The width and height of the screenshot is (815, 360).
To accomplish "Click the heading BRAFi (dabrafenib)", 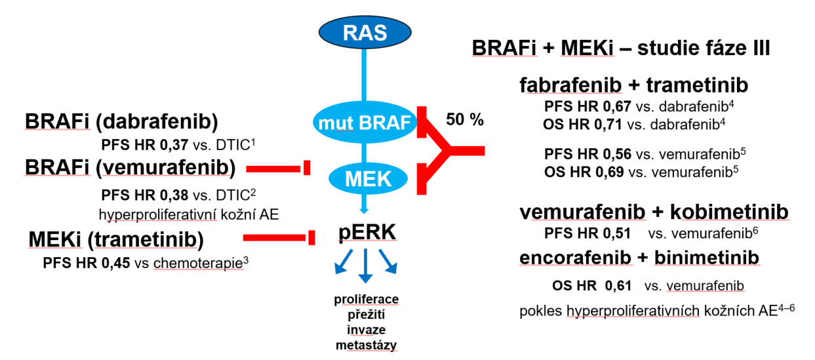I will click(121, 122).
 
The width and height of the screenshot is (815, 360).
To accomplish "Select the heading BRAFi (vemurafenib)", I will click(130, 169).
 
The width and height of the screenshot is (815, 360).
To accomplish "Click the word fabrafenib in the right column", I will click(570, 86).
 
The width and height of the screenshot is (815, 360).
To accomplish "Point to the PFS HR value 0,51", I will click(615, 233).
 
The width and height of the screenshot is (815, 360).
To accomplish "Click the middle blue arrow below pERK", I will click(365, 266).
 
